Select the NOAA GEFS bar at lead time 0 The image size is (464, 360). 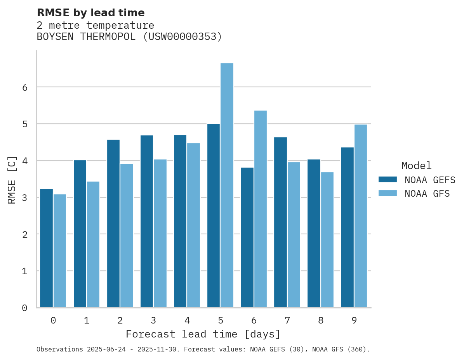click(46, 248)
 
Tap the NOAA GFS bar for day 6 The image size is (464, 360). click(260, 209)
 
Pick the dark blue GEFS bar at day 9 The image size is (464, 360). click(347, 227)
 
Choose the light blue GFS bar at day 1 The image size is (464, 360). click(93, 244)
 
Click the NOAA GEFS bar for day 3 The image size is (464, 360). click(147, 221)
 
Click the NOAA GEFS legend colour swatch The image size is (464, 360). click(388, 180)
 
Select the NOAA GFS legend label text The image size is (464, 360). click(427, 194)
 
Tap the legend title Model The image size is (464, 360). click(417, 166)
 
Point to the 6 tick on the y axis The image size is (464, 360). click(25, 87)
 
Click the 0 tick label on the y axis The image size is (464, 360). click(25, 308)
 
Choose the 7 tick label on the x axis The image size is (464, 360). click(287, 321)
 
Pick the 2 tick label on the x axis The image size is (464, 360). click(120, 321)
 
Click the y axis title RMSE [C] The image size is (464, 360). click(12, 180)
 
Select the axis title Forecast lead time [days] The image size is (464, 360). click(203, 334)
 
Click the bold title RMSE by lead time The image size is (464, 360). click(91, 13)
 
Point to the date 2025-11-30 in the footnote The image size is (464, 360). click(160, 350)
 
